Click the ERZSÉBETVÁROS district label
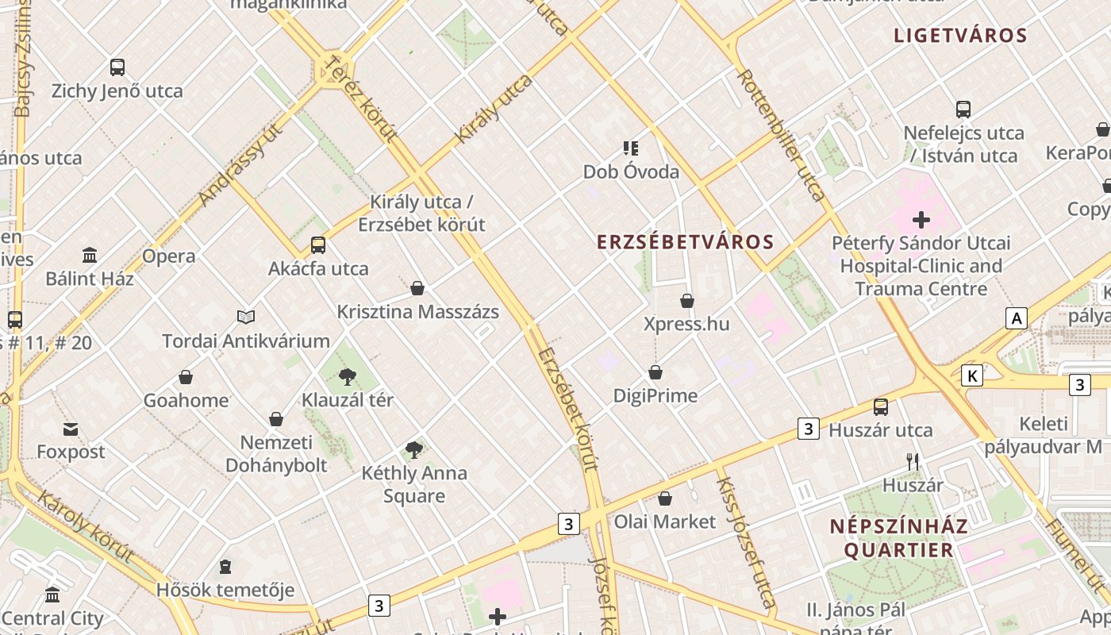pyautogui.click(x=685, y=242)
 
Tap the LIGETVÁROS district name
pyautogui.click(x=960, y=36)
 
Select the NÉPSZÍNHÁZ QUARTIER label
pyautogui.click(x=898, y=538)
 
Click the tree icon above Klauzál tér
pyautogui.click(x=347, y=376)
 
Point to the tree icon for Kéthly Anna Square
pyautogui.click(x=413, y=450)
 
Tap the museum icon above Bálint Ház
pyautogui.click(x=90, y=256)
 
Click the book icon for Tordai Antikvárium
pyautogui.click(x=246, y=317)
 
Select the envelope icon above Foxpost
pyautogui.click(x=71, y=429)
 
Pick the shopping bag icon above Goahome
pyautogui.click(x=186, y=377)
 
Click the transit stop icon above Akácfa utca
pyautogui.click(x=318, y=245)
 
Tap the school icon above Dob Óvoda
pyautogui.click(x=631, y=148)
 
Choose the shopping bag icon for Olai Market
pyautogui.click(x=665, y=498)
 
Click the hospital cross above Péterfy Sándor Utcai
pyautogui.click(x=921, y=219)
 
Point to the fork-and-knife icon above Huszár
pyautogui.click(x=913, y=461)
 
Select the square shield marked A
pyautogui.click(x=1016, y=319)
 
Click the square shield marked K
pyautogui.click(x=971, y=375)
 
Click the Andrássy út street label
pyautogui.click(x=241, y=167)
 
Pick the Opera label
pyautogui.click(x=168, y=256)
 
